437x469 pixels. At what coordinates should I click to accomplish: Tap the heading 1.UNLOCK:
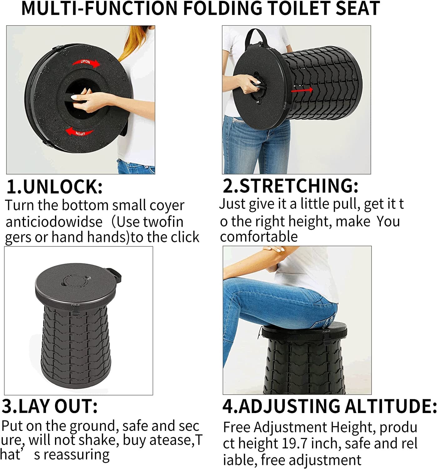55,187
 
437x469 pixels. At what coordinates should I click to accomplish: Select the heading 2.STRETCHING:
291,186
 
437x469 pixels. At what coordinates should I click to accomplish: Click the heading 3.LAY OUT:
49,406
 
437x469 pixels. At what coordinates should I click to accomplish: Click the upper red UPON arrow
86,63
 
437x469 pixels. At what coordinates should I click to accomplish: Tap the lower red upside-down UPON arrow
79,132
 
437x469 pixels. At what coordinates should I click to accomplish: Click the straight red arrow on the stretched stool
302,90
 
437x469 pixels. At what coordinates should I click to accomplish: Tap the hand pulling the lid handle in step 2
247,83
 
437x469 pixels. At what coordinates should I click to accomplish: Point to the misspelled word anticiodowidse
54,222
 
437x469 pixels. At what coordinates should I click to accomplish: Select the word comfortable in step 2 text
259,237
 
